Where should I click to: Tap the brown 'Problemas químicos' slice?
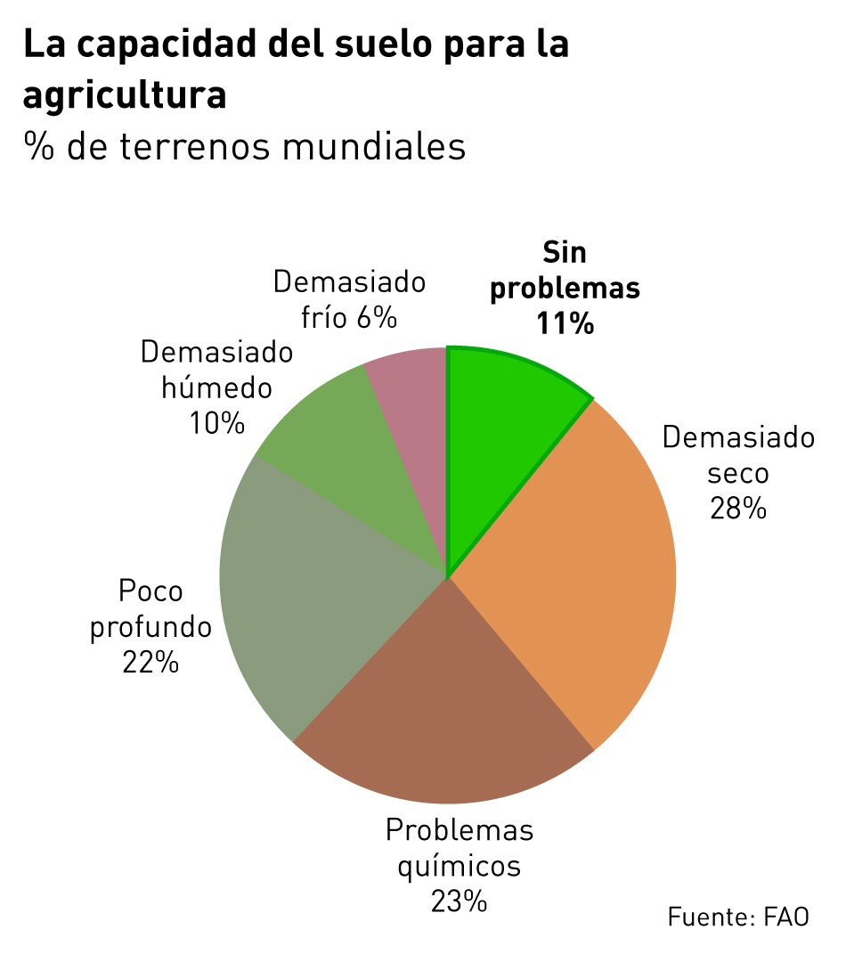point(445,704)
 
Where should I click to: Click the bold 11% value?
point(565,323)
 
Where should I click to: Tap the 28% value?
point(737,508)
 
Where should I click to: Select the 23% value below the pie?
point(459,901)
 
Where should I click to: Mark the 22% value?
point(150,663)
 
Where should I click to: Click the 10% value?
point(216,424)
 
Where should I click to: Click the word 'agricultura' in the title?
point(125,96)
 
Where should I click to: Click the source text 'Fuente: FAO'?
point(738,917)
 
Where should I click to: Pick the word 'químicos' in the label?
point(459,866)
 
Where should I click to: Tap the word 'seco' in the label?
point(737,472)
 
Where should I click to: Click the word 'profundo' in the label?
point(151,627)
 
